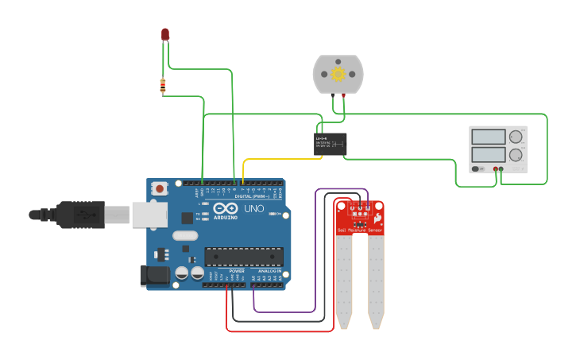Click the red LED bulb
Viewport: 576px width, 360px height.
pyautogui.click(x=165, y=34)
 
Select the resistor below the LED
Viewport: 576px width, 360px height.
pyautogui.click(x=163, y=85)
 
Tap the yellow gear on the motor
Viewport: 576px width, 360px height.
pyautogui.click(x=338, y=74)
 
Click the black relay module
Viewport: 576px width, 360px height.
pyautogui.click(x=330, y=144)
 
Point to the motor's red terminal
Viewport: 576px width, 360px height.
pyautogui.click(x=343, y=95)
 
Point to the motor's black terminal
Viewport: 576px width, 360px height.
pyautogui.click(x=332, y=95)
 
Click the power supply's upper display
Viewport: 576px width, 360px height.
pyautogui.click(x=488, y=137)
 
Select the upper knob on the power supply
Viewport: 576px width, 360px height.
pyautogui.click(x=516, y=137)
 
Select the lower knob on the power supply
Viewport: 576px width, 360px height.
pyautogui.click(x=516, y=155)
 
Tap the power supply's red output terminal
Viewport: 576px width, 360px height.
pyautogui.click(x=495, y=169)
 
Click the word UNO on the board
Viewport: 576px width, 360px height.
pyautogui.click(x=253, y=209)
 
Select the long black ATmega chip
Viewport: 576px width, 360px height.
pyautogui.click(x=243, y=257)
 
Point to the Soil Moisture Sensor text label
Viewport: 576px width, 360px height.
pyautogui.click(x=360, y=230)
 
